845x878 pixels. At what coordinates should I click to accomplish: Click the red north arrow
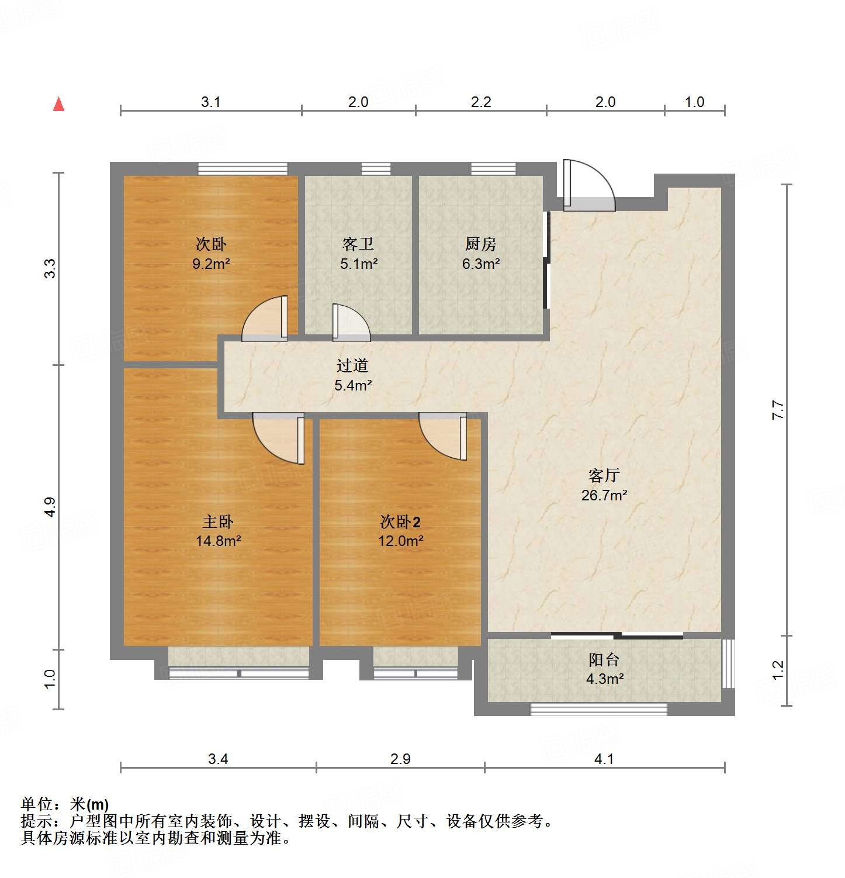pyautogui.click(x=58, y=104)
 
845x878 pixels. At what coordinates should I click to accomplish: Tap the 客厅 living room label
pyautogui.click(x=604, y=475)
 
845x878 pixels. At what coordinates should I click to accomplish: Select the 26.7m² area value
pyautogui.click(x=604, y=495)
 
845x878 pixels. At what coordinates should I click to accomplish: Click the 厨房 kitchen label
pyautogui.click(x=480, y=244)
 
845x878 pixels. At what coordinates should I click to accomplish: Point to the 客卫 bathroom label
pyautogui.click(x=358, y=244)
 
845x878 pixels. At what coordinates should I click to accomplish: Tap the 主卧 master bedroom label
pyautogui.click(x=218, y=521)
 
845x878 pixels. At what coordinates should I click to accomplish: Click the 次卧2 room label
pyautogui.click(x=400, y=521)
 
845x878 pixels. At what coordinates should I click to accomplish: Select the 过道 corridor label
pyautogui.click(x=352, y=366)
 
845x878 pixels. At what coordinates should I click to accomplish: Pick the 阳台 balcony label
pyautogui.click(x=604, y=660)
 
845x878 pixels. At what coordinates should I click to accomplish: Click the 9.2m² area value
pyautogui.click(x=211, y=264)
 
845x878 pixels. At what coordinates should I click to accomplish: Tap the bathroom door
pyautogui.click(x=351, y=323)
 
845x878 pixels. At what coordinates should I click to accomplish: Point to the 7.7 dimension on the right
pyautogui.click(x=777, y=409)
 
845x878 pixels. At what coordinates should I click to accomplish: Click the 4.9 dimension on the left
pyautogui.click(x=50, y=506)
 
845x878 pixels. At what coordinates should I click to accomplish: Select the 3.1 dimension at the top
pyautogui.click(x=210, y=102)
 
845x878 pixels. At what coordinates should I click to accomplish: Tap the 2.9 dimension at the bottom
pyautogui.click(x=400, y=759)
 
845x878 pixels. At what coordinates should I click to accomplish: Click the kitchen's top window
pyautogui.click(x=493, y=168)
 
